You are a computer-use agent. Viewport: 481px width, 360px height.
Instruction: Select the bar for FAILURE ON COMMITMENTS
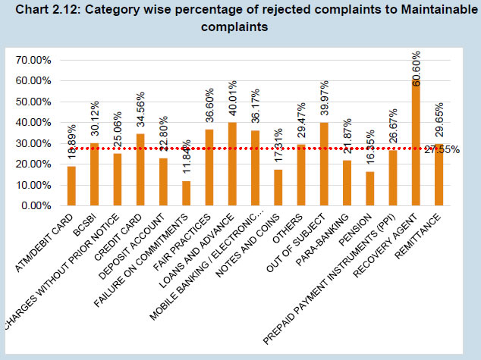tap(187, 193)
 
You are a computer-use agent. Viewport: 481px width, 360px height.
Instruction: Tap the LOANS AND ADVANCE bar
tap(232, 164)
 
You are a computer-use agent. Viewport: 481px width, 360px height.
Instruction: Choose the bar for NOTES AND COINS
tap(278, 187)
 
